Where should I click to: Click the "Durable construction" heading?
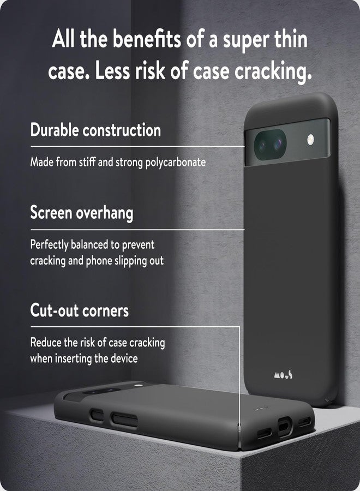pos(95,130)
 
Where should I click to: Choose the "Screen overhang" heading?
pos(82,213)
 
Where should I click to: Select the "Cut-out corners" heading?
pos(80,310)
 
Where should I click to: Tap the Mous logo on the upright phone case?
pos(283,375)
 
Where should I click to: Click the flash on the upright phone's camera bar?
pos(310,140)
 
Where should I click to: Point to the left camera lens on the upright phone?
pos(262,145)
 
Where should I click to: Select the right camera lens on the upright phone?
pos(278,143)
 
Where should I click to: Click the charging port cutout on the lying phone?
pos(285,427)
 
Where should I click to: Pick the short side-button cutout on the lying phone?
pos(97,415)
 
